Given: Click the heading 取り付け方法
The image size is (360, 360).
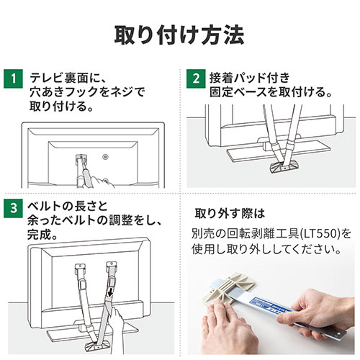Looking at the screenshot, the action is [x=179, y=35].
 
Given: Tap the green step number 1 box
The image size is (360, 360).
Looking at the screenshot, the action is [x=13, y=78].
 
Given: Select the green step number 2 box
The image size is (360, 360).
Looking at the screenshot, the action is [x=196, y=78].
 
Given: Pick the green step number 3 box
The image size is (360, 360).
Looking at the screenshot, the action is [x=13, y=208].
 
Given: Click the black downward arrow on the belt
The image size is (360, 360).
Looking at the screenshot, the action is [x=111, y=293].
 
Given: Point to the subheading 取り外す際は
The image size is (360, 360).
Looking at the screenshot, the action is [x=230, y=214].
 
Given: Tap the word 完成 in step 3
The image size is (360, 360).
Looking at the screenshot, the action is [x=39, y=235].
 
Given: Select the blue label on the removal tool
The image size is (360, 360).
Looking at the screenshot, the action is [x=270, y=305].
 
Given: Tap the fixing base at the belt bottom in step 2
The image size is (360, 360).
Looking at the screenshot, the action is [x=284, y=167].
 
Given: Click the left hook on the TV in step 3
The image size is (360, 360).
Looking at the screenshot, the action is [x=80, y=269].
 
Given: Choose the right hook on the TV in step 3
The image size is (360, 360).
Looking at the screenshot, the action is [x=112, y=267].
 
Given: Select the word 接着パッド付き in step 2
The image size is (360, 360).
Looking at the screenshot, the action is [x=250, y=78].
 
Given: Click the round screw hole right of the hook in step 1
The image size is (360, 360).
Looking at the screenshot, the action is [x=105, y=157].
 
